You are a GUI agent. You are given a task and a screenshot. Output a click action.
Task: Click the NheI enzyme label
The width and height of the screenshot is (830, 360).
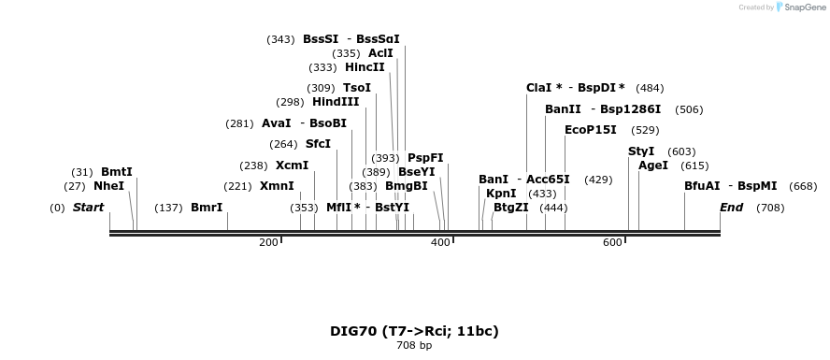108,186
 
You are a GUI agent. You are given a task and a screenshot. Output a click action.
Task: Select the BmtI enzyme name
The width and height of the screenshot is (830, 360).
117,172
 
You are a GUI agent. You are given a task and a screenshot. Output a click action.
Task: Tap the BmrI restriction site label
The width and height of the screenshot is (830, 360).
207,208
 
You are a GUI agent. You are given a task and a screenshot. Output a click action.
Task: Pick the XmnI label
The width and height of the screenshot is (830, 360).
277,186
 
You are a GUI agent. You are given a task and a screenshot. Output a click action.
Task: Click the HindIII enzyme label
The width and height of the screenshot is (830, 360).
336,102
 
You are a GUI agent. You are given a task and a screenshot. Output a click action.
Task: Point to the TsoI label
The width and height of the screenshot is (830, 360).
357,88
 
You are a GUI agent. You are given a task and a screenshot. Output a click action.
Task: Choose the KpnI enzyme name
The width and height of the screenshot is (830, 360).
501,194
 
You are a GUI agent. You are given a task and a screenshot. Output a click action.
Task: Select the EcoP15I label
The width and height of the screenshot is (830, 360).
591,130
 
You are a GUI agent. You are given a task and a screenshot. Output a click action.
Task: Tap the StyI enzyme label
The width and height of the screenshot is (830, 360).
641,151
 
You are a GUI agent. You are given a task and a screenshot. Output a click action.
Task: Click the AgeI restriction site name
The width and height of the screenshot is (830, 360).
653,166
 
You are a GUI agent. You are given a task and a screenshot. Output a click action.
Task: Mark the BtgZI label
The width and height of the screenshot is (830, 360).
511,208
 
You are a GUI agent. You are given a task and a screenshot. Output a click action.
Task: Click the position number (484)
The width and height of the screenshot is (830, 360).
650,88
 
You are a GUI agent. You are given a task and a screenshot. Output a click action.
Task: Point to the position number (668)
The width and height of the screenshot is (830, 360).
803,186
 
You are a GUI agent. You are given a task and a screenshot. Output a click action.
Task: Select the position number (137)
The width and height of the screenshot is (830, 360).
168,208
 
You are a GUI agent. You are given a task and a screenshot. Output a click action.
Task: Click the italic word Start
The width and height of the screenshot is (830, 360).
88,208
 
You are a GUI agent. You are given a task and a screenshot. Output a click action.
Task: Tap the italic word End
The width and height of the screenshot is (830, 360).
732,208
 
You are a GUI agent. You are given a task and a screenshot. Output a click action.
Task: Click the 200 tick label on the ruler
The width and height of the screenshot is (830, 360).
268,243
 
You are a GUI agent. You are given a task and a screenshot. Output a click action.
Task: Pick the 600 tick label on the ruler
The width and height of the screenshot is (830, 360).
612,243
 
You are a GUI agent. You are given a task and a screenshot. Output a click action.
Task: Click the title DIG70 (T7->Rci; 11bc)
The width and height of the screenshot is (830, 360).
414,331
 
